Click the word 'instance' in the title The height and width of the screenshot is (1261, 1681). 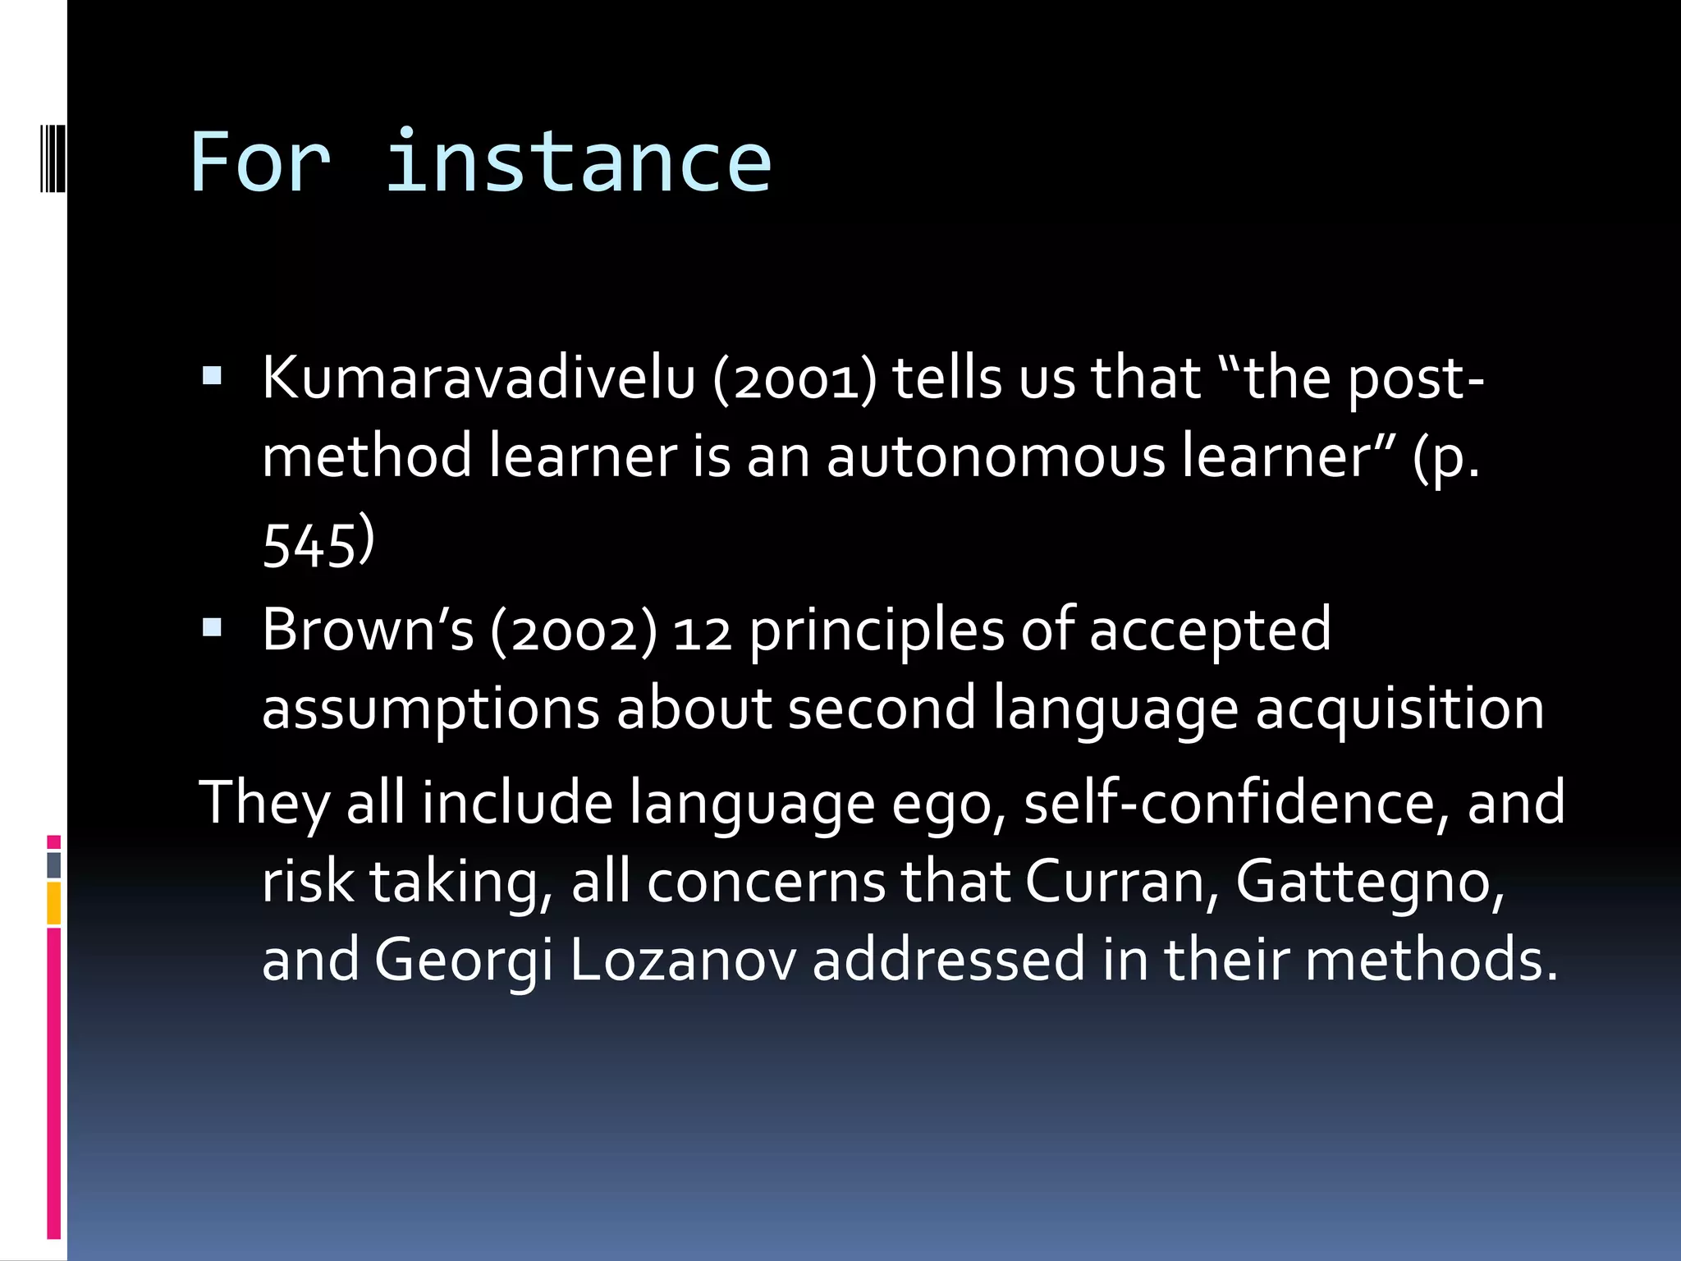click(x=578, y=162)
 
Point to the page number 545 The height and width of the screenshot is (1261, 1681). click(x=309, y=545)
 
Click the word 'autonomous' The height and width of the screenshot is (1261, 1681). click(x=995, y=456)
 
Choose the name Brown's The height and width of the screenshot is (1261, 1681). click(x=368, y=630)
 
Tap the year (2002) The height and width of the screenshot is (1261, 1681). click(x=574, y=630)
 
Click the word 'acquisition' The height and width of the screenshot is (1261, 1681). click(x=1399, y=708)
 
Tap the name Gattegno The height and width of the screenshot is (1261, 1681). click(x=1369, y=883)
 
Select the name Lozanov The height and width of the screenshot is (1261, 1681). click(x=682, y=959)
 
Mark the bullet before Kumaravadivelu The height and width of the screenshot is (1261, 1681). click(x=212, y=377)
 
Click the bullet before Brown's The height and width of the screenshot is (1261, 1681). click(x=212, y=629)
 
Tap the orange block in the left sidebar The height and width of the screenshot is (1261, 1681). click(x=53, y=903)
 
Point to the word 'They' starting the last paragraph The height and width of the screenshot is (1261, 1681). click(x=263, y=802)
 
